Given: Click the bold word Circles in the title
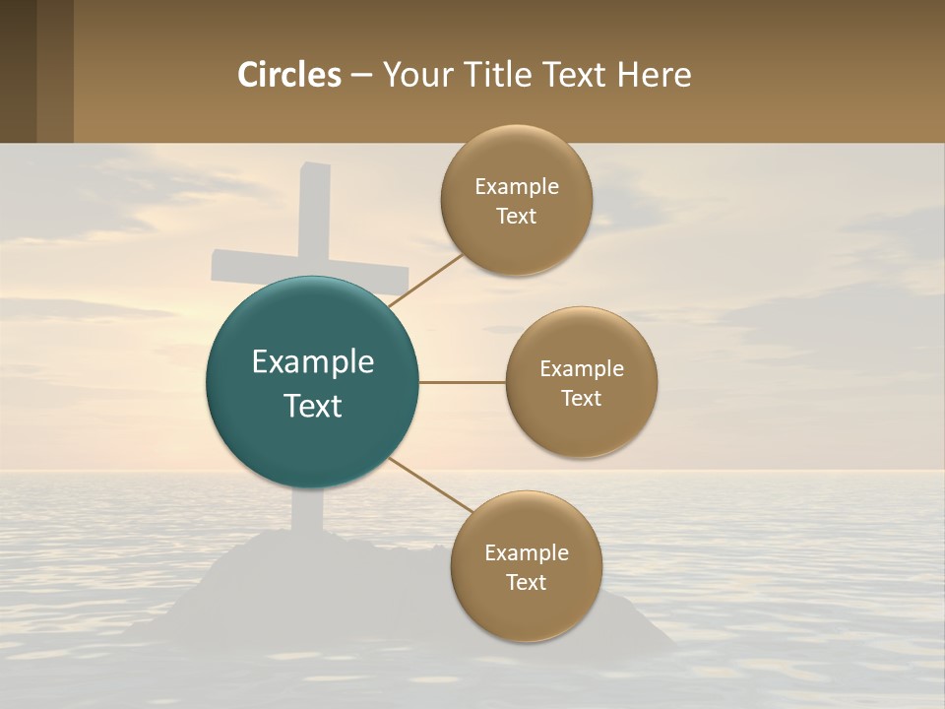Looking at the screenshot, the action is click(x=289, y=75).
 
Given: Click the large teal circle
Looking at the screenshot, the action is click(x=312, y=382).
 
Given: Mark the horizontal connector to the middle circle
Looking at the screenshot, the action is click(x=462, y=382).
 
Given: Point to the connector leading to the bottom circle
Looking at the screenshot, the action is click(x=431, y=485).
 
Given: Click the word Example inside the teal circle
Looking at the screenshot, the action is click(x=312, y=362).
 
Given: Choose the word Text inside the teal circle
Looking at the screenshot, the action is click(x=312, y=406).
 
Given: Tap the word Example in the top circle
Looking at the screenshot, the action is click(x=516, y=187).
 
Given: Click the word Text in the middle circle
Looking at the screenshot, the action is click(x=581, y=398).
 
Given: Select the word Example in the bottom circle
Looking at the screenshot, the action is click(x=526, y=552).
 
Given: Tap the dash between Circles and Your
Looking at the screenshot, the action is click(x=361, y=76).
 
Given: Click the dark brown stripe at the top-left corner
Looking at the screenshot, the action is click(x=18, y=71).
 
